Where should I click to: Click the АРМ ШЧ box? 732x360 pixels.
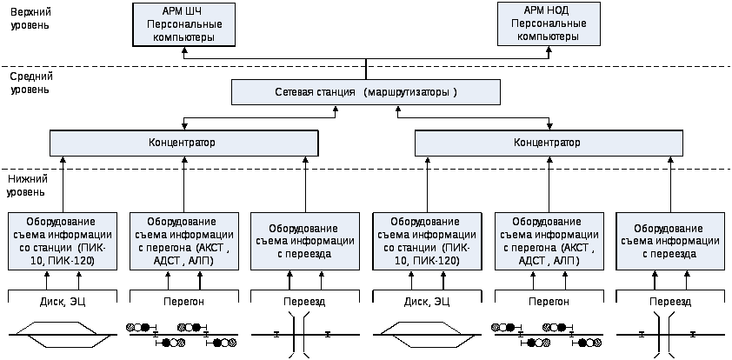point(184,24)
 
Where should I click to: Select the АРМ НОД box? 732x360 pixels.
point(549,24)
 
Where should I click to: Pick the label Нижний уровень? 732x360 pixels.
point(28,185)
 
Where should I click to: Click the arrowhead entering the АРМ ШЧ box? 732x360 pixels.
point(184,50)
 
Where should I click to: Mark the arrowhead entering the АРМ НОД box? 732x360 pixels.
point(549,50)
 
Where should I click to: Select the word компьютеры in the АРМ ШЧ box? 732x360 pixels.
point(184,37)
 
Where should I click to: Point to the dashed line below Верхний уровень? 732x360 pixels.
point(366,66)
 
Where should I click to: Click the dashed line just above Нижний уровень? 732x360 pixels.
point(366,169)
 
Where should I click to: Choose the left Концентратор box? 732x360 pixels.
point(184,143)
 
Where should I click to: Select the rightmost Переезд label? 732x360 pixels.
point(670,302)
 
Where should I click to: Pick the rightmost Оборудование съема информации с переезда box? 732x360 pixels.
point(670,242)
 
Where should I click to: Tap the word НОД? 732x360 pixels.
point(559,10)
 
